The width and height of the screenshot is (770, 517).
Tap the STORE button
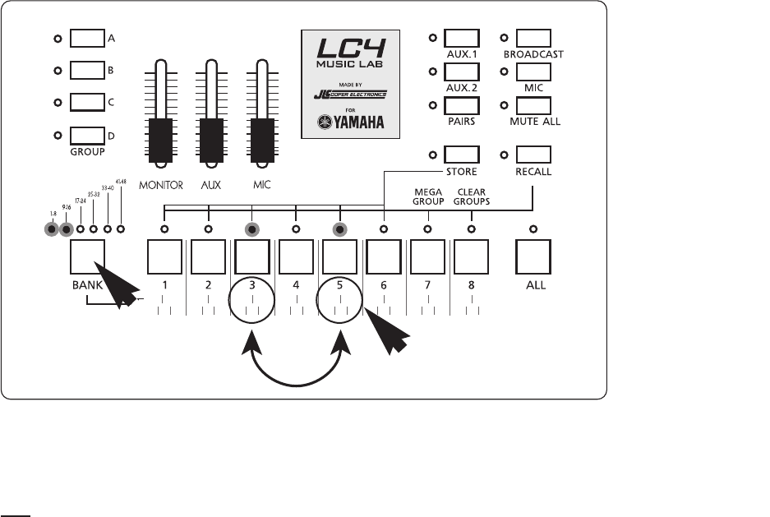(461, 154)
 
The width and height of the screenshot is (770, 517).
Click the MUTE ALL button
(535, 104)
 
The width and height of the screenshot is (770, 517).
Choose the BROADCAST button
(535, 38)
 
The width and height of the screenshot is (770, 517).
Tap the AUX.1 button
(461, 38)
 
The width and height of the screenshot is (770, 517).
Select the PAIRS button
(461, 104)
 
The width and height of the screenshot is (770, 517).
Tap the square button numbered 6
(384, 257)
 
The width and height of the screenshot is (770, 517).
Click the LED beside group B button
(58, 72)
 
